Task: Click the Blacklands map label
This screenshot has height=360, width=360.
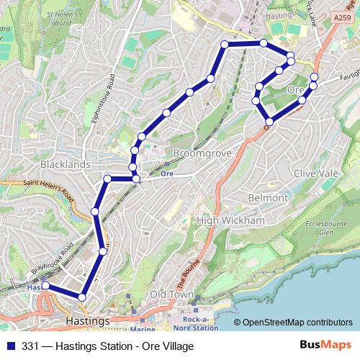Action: [66, 164]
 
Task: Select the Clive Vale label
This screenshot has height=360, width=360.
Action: [316, 174]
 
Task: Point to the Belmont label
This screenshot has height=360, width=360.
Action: [268, 197]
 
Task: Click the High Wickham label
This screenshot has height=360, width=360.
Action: [231, 220]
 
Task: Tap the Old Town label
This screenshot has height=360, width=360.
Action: [171, 294]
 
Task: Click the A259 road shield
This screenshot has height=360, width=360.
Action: [343, 16]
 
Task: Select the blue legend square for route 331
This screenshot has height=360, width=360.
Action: [12, 346]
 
